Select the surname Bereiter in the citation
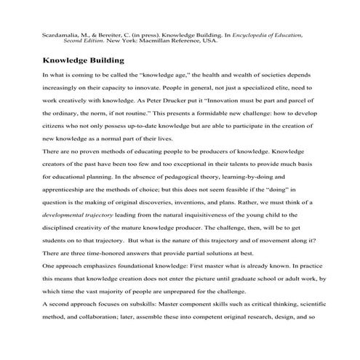[97, 34]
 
